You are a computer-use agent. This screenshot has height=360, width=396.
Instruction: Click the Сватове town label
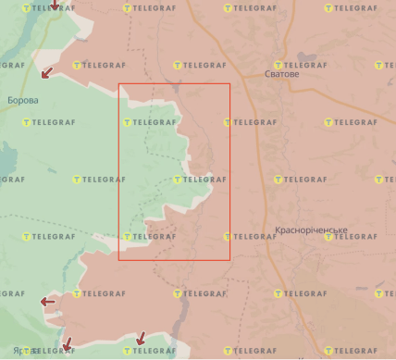282,74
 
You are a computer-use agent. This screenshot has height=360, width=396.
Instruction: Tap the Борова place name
22,99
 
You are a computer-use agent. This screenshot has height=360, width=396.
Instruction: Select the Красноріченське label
311,230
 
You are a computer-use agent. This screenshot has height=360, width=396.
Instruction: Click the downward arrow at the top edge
55,6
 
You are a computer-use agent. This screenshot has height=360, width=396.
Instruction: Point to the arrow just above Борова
45,72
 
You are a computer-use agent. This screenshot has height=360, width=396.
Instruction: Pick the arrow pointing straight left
47,301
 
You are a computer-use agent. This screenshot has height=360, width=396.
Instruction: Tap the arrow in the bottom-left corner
66,345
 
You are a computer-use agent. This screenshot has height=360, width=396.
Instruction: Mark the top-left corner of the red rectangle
119,84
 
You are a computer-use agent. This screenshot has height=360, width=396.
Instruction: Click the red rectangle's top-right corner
229,84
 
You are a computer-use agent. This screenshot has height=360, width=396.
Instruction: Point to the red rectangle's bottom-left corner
119,259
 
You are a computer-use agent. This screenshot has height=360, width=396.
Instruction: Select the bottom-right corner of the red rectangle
229,259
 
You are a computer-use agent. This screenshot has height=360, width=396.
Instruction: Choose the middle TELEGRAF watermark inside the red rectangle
199,180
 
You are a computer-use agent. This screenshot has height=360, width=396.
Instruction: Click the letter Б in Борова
9,99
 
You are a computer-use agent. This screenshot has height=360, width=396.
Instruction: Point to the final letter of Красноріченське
345,230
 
